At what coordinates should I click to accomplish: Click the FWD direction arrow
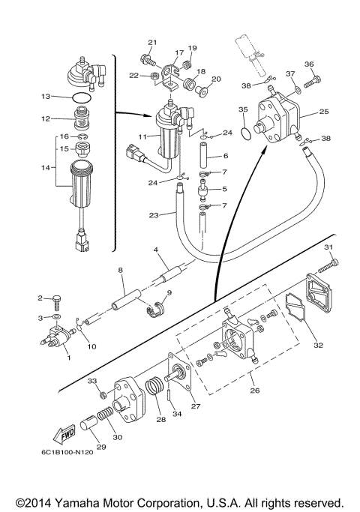pos(64,434)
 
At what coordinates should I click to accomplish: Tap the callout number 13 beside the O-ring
pos(46,96)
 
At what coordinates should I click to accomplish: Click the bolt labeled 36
pos(313,82)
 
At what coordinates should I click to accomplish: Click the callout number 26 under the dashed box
pos(255,391)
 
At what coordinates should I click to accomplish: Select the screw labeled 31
pos(328,265)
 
